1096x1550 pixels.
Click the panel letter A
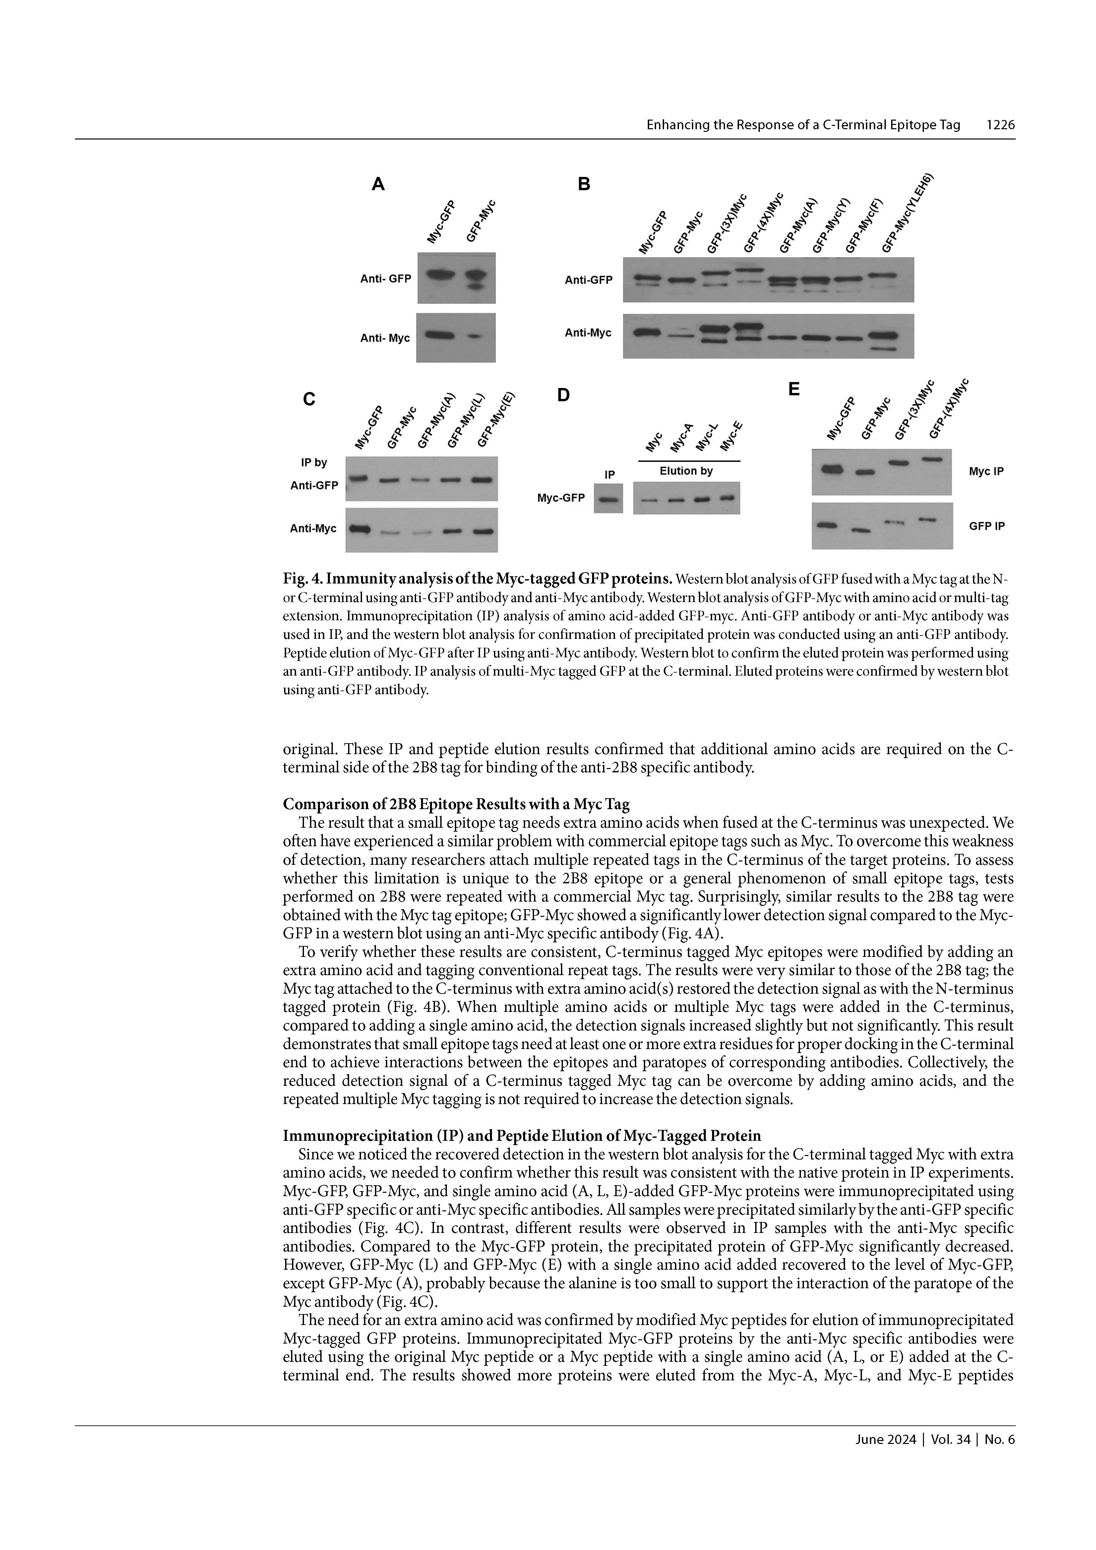tap(378, 184)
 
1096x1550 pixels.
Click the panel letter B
tap(584, 184)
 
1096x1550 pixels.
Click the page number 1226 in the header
tap(1000, 125)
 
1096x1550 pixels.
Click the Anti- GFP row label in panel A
tap(386, 278)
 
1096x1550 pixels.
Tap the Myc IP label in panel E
tap(986, 471)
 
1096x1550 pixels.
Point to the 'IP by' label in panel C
tap(314, 463)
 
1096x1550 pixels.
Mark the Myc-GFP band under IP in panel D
tap(608, 500)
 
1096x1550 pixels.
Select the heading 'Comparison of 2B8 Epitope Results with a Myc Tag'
tap(456, 804)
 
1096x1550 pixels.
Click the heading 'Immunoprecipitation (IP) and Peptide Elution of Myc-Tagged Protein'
tap(521, 1135)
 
